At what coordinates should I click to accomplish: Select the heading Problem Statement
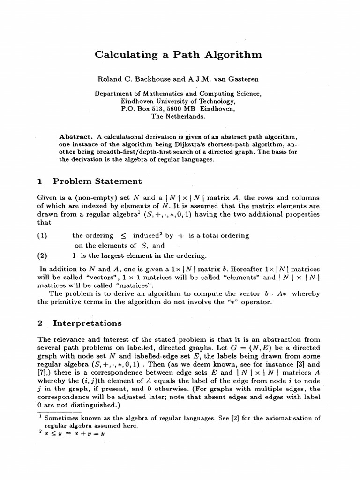click(97, 181)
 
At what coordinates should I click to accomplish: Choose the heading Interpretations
click(87, 323)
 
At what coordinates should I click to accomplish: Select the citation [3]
click(301, 364)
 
